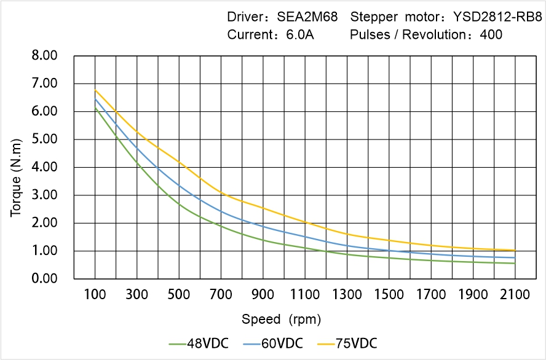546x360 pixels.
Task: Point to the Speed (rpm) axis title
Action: (281, 319)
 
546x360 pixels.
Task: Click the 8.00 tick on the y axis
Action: (44, 56)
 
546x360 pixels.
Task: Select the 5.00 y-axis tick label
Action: (44, 139)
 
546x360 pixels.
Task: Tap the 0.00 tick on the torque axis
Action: (44, 279)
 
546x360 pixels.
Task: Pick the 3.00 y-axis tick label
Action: (44, 195)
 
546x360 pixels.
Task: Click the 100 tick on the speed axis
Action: (95, 295)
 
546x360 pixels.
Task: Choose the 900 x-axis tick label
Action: (263, 295)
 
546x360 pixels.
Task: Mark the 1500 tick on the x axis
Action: (389, 295)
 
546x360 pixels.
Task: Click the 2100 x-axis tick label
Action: (515, 295)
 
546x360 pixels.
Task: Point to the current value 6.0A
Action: (300, 35)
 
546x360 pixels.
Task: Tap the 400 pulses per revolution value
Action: (491, 35)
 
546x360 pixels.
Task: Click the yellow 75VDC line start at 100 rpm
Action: (95, 90)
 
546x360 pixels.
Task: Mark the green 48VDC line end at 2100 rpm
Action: (515, 264)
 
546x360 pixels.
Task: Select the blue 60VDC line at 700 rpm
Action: (221, 212)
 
